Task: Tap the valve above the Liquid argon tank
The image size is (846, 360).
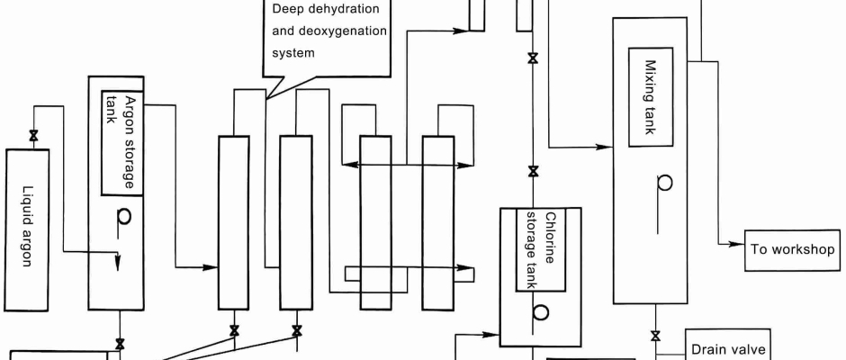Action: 33,136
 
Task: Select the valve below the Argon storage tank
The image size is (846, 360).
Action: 120,344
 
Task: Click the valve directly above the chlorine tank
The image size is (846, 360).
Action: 533,171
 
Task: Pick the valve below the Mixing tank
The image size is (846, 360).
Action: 655,337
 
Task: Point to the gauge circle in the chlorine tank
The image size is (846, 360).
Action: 540,311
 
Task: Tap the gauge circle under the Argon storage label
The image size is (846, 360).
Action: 124,217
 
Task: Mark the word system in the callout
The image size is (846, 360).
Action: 293,52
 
